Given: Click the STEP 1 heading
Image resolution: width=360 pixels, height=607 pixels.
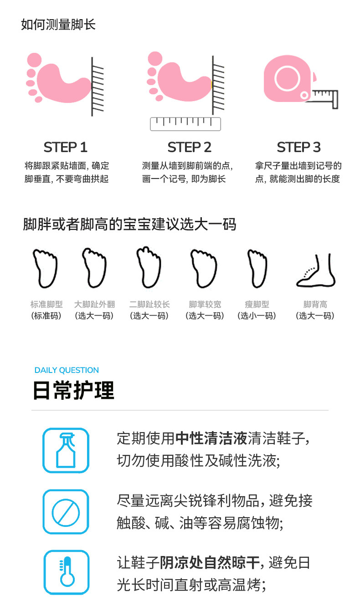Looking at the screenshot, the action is pyautogui.click(x=65, y=147).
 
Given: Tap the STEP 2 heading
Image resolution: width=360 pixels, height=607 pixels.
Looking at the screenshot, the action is pyautogui.click(x=189, y=147).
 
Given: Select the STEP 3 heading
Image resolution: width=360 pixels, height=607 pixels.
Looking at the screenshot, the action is pyautogui.click(x=298, y=147).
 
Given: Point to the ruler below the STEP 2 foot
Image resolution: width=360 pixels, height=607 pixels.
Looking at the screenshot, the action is pyautogui.click(x=185, y=124).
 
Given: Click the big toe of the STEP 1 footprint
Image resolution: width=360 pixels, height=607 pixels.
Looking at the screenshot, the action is pyautogui.click(x=35, y=60).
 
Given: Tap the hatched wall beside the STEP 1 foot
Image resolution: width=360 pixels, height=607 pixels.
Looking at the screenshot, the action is pyautogui.click(x=98, y=87).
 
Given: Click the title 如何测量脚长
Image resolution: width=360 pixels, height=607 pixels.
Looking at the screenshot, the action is pyautogui.click(x=58, y=25).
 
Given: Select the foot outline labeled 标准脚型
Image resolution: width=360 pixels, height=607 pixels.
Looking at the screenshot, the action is pyautogui.click(x=45, y=268).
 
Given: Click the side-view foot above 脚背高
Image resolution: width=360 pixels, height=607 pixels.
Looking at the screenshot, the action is pyautogui.click(x=316, y=271).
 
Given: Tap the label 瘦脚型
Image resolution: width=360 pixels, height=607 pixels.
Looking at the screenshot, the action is pyautogui.click(x=257, y=304).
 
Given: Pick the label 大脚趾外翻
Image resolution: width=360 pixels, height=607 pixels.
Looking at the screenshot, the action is pyautogui.click(x=95, y=304).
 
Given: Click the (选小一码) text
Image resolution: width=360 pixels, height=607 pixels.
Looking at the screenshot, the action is pyautogui.click(x=257, y=316).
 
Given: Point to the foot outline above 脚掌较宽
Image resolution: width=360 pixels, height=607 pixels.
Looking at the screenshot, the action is pyautogui.click(x=204, y=268).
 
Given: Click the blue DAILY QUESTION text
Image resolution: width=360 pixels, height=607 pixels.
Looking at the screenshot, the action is pyautogui.click(x=67, y=370).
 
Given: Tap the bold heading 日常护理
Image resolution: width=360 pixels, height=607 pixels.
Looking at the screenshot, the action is pyautogui.click(x=73, y=390).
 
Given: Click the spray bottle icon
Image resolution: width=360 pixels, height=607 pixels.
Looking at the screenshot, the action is pyautogui.click(x=66, y=450).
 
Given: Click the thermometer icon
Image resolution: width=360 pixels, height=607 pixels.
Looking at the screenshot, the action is pyautogui.click(x=67, y=572).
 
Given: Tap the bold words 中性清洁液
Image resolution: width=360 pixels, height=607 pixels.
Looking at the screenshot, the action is pyautogui.click(x=211, y=438).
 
